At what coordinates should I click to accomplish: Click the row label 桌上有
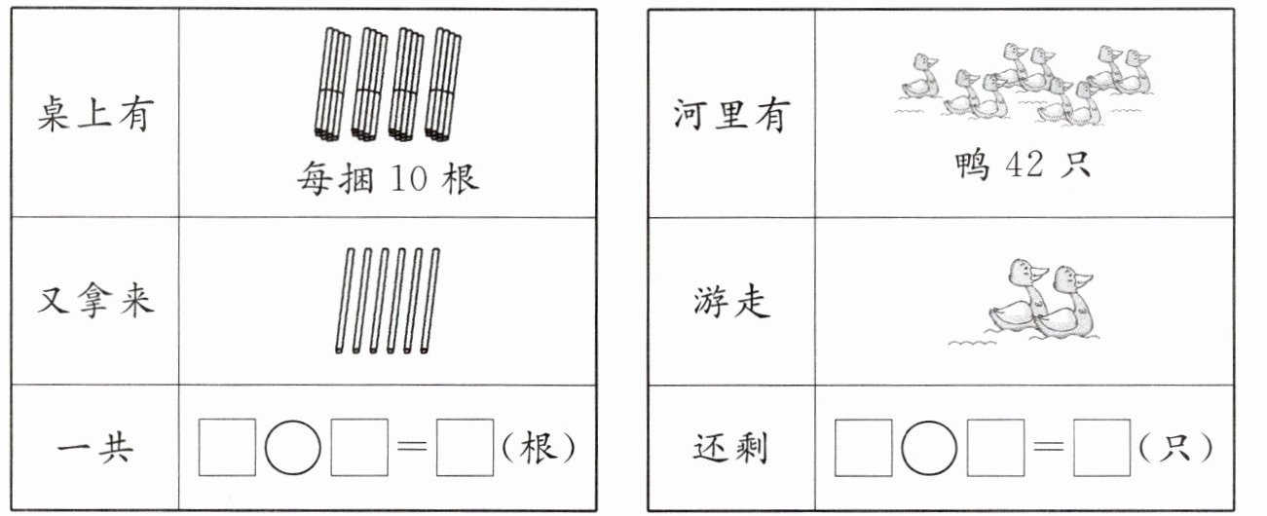(x=95, y=115)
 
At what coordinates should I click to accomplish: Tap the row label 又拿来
(x=95, y=300)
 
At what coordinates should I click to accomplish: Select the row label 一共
(x=95, y=449)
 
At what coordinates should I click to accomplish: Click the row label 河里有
(x=730, y=115)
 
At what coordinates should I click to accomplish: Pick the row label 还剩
(x=730, y=449)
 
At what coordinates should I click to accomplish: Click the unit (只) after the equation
(x=1175, y=448)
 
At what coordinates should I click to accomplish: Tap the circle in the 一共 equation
(x=292, y=448)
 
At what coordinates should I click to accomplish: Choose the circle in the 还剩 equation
(x=928, y=448)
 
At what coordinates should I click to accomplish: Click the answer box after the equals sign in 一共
(x=465, y=448)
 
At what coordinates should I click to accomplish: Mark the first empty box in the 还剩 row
(x=863, y=448)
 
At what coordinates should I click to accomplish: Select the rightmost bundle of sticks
(x=444, y=83)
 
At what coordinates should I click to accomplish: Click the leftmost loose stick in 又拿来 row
(x=343, y=300)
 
